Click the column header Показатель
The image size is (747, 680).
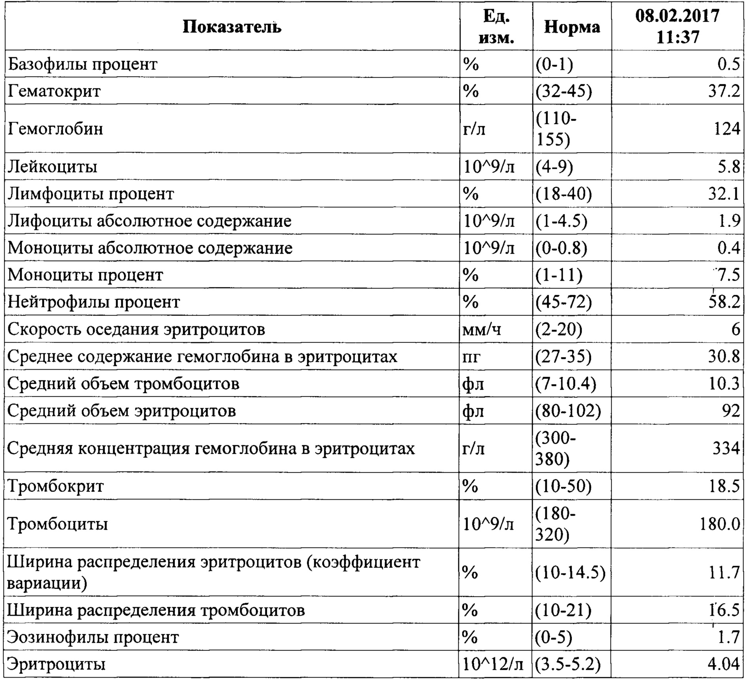coord(232,27)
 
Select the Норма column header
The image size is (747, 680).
coord(572,27)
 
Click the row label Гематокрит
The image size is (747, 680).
coord(54,91)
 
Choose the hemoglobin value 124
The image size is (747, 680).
coord(726,129)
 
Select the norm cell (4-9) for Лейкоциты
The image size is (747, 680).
coord(554,167)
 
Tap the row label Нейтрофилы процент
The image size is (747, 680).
coord(94,302)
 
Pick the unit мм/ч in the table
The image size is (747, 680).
coord(482,329)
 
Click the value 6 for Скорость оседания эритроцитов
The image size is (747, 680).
coord(735,329)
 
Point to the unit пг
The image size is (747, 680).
coord(472,357)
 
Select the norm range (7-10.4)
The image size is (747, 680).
coord(565,384)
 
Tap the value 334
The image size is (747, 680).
coord(726,448)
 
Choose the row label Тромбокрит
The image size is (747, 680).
coord(56,486)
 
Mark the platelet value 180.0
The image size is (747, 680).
coord(719,524)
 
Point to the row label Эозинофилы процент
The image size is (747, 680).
coord(93,637)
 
